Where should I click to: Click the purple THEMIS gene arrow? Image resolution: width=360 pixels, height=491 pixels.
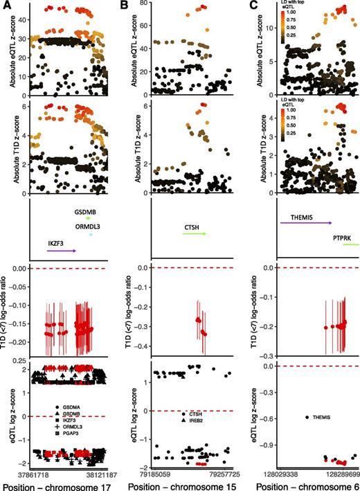point(305,223)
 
